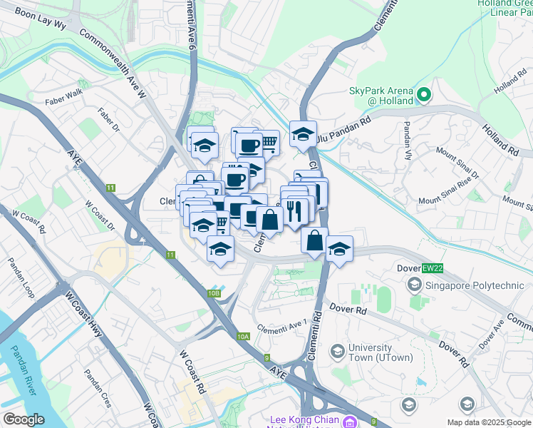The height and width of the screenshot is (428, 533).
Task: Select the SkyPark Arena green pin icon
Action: click(x=424, y=94)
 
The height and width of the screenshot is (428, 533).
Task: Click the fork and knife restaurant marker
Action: click(x=296, y=208)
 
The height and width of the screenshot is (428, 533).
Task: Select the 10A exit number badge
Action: click(x=244, y=337)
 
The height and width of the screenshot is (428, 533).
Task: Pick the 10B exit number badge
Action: click(x=214, y=293)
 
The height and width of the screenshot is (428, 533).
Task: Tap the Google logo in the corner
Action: click(x=24, y=419)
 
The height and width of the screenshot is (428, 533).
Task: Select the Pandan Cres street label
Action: click(x=98, y=388)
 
